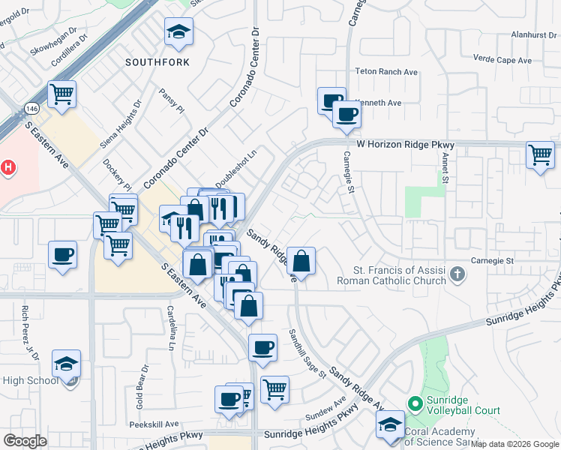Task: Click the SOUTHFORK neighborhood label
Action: (157, 61)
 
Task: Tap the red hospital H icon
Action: (8, 167)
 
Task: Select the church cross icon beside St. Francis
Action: (457, 275)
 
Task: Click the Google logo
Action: (25, 441)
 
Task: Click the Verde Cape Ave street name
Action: (502, 59)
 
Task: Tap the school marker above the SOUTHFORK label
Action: (178, 31)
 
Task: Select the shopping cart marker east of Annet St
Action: (540, 154)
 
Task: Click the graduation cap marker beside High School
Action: (66, 364)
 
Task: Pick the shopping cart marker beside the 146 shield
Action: (61, 94)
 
